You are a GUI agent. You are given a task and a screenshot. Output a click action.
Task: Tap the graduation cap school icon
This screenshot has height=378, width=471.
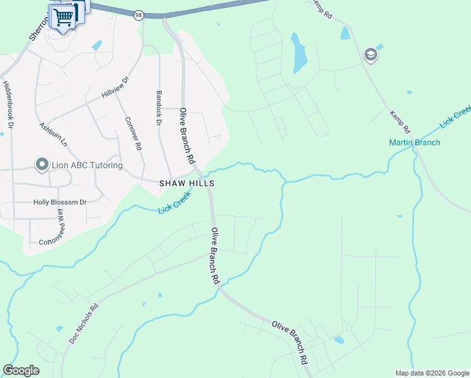coord(371,55)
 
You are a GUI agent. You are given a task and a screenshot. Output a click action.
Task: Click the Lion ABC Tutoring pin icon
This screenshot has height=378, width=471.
coord(42,165)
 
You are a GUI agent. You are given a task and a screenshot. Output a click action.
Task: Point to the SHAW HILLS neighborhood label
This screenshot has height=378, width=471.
coord(187,183)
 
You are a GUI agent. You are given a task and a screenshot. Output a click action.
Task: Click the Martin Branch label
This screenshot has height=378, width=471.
coord(414,142)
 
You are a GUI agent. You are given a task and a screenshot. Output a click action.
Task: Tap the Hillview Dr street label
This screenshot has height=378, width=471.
coord(115,88)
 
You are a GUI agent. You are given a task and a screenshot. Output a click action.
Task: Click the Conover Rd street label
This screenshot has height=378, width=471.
coord(133,133)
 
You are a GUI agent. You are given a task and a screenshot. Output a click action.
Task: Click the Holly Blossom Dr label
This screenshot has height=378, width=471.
coord(60,203)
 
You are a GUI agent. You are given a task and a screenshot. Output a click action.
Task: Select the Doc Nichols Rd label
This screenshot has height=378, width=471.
coord(84,325)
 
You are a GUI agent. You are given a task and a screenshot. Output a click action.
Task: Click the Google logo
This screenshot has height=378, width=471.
coord(21,370)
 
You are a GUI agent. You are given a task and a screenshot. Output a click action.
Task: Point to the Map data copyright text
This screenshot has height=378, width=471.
coord(431,373)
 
